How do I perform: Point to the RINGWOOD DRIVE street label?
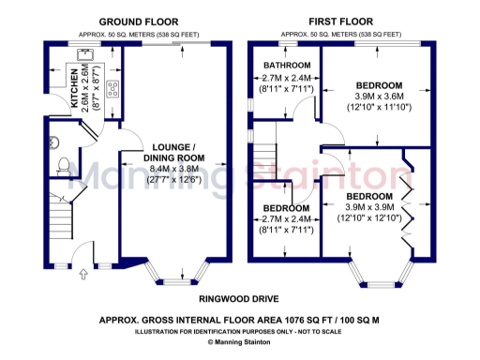240,300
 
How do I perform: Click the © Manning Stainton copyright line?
240,343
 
